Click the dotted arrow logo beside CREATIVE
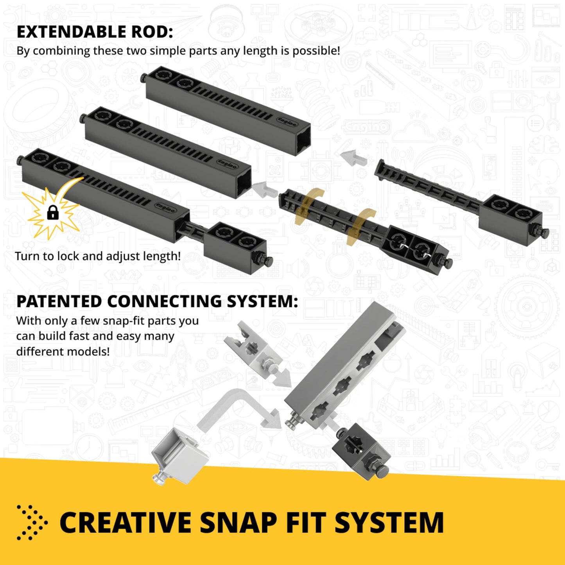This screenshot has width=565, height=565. [x=32, y=522]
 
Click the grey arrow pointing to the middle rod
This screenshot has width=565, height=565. [x=264, y=189]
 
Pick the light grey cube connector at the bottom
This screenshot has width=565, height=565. [x=179, y=456]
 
